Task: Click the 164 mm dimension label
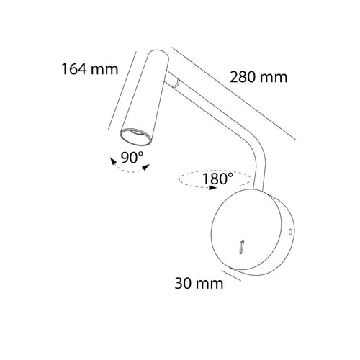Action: (x=90, y=69)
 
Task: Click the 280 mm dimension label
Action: (x=258, y=77)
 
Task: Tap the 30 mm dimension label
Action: (x=199, y=283)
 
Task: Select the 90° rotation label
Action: (x=132, y=158)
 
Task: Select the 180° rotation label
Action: (x=217, y=179)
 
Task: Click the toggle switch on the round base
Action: (x=241, y=247)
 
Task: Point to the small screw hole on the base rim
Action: (x=290, y=232)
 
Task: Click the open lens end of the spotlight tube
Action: (x=136, y=137)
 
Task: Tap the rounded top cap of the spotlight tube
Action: (x=159, y=55)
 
